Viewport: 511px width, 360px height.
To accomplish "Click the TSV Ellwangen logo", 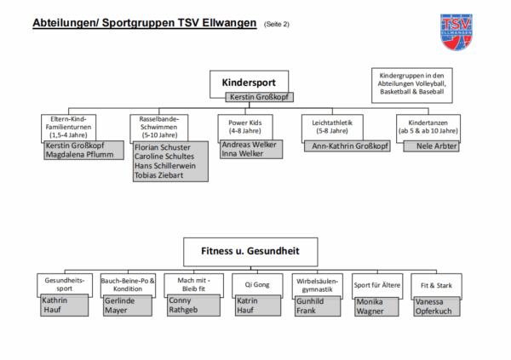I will click(458, 32).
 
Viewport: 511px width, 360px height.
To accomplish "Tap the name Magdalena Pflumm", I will click(78, 154).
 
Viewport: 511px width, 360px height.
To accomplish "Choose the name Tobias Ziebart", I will click(158, 176).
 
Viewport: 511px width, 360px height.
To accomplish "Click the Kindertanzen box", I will click(428, 126).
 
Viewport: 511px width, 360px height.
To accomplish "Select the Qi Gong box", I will click(257, 283).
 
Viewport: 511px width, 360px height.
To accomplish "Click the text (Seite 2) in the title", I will click(277, 24).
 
